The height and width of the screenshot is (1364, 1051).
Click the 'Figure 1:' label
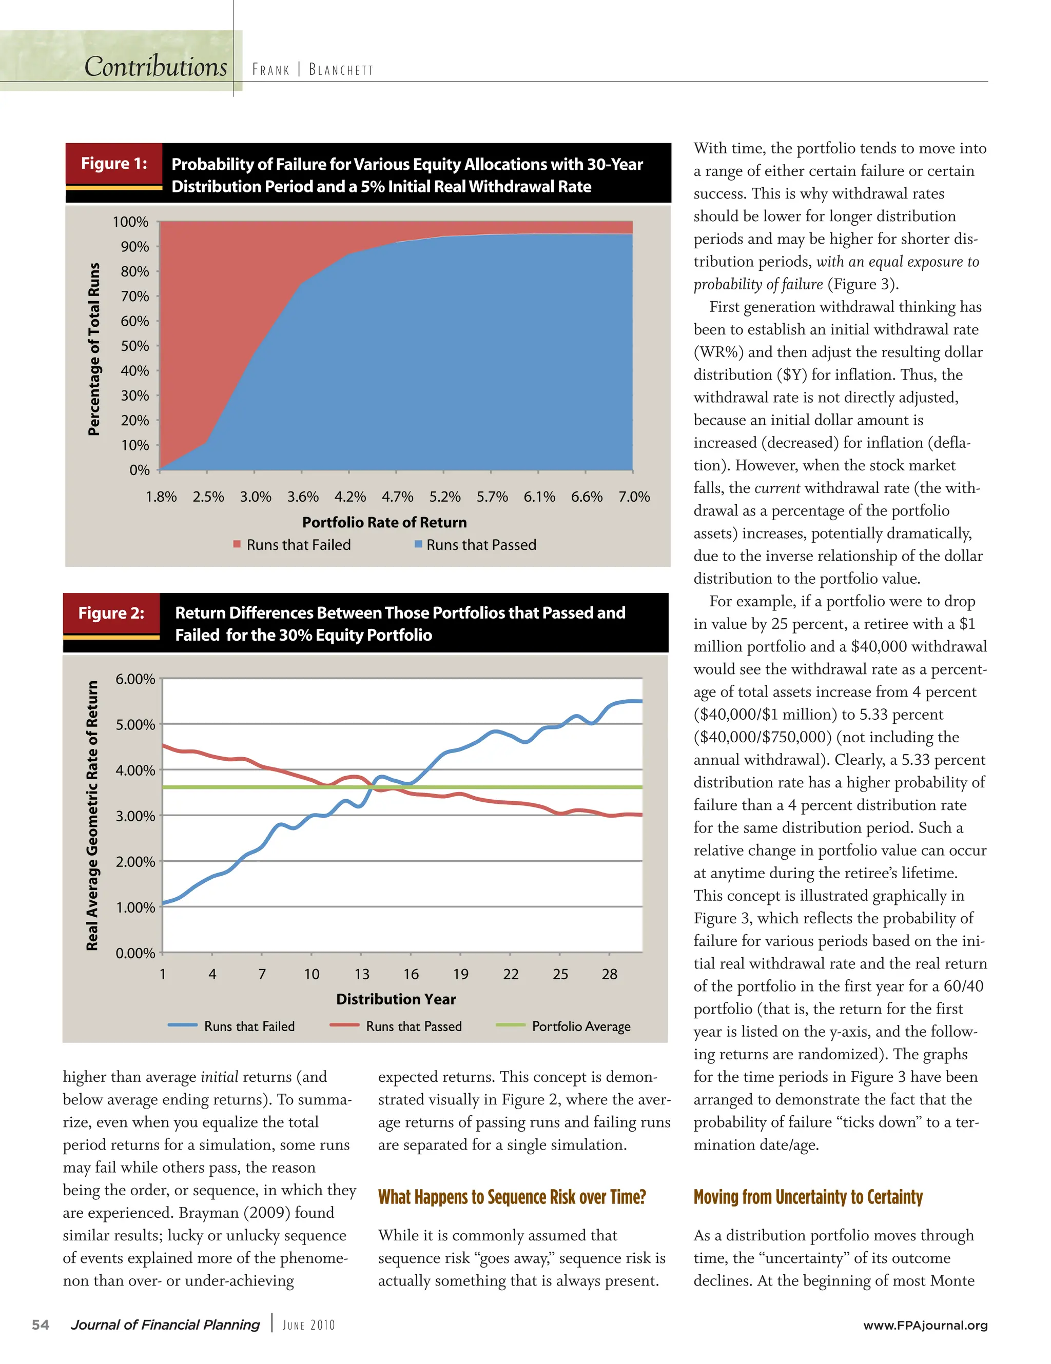click(114, 164)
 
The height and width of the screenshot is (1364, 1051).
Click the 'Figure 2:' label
click(111, 612)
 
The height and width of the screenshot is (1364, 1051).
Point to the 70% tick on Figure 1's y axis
click(135, 296)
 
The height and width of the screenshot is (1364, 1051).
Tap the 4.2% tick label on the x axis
click(350, 497)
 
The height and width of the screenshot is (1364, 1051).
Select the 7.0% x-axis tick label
click(634, 497)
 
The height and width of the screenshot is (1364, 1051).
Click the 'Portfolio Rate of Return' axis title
click(384, 522)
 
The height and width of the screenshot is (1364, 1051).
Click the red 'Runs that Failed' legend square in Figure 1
click(237, 544)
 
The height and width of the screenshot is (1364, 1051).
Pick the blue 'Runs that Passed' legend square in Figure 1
click(419, 544)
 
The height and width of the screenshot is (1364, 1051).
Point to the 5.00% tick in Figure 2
click(135, 724)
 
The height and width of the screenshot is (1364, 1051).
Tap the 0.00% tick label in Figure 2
click(135, 953)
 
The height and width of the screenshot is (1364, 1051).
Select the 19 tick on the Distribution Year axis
click(460, 974)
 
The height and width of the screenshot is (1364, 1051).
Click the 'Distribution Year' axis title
click(396, 999)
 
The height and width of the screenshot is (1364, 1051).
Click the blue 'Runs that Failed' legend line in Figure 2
click(183, 1025)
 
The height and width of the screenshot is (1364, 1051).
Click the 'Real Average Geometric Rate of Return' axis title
click(92, 815)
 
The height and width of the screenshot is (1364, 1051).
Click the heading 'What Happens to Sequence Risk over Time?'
click(512, 1197)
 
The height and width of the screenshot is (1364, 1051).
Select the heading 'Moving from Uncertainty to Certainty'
click(808, 1197)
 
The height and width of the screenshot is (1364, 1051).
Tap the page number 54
click(41, 1325)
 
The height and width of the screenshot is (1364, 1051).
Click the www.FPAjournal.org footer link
click(925, 1325)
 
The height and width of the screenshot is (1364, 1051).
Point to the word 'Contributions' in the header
click(155, 67)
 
